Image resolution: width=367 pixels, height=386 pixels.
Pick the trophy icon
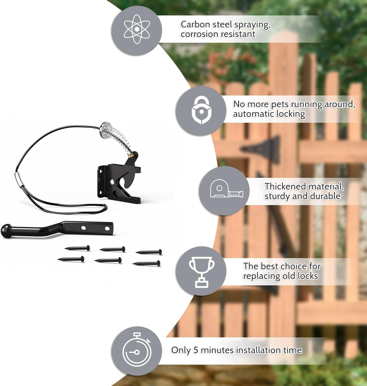pyautogui.click(x=202, y=271)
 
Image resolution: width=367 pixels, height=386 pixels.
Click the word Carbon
pyautogui.click(x=195, y=24)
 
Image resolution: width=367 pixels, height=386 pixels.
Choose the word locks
pyautogui.click(x=308, y=276)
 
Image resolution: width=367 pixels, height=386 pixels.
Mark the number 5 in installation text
pyautogui.click(x=196, y=350)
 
